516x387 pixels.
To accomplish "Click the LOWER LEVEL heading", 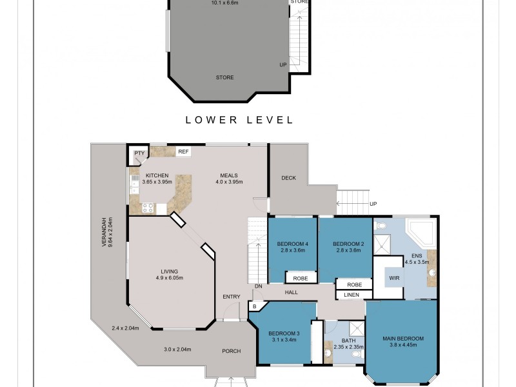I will click(x=239, y=120).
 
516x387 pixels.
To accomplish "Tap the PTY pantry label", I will click(x=139, y=154).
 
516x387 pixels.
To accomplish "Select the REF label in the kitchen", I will click(x=183, y=152).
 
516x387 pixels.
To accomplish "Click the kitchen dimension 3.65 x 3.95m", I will click(x=157, y=182).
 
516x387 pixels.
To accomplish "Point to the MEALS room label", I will click(x=228, y=175).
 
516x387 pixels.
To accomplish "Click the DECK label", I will click(x=288, y=178).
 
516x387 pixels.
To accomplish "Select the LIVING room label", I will click(x=170, y=272).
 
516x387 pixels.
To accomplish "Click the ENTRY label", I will click(x=231, y=297).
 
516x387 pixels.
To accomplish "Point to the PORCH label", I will click(x=231, y=351).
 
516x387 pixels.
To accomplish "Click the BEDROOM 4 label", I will click(x=292, y=244).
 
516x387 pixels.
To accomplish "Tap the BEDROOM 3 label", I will click(x=283, y=333).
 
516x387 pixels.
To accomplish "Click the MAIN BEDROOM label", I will click(x=402, y=339).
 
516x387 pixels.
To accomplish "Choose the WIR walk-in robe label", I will click(x=394, y=278).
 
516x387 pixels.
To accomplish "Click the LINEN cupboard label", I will click(x=352, y=295).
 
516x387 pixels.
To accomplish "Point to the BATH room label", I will click(x=349, y=341).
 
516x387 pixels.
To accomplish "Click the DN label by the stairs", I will click(x=257, y=286).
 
